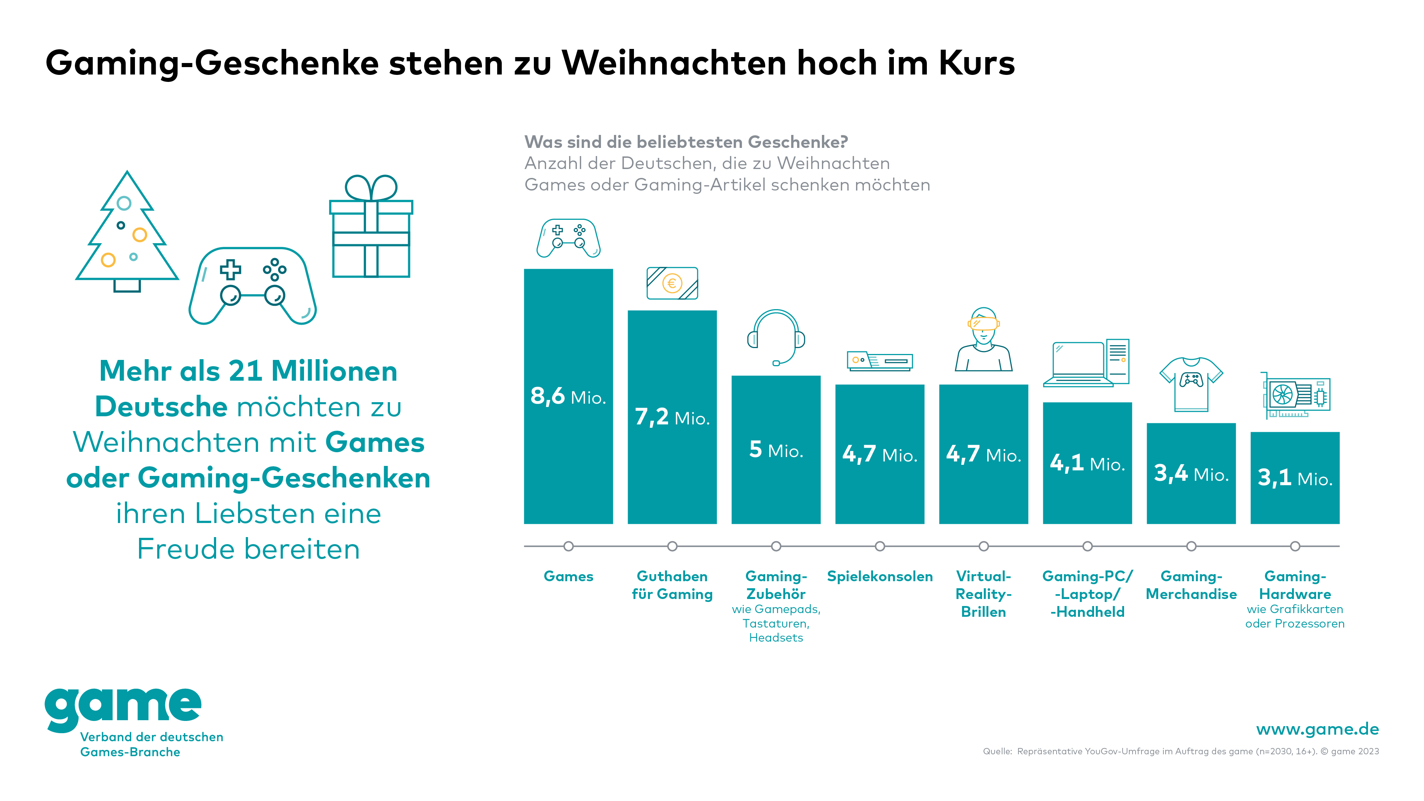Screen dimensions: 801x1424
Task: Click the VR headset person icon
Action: point(984,340)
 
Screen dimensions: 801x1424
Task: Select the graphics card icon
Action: point(1296,396)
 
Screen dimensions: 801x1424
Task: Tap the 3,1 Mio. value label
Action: point(1295,478)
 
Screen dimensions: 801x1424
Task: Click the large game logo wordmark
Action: point(123,708)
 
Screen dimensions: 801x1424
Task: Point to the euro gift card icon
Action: point(672,283)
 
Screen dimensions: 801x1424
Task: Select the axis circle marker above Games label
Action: point(568,546)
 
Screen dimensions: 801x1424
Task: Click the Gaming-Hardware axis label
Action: point(1295,585)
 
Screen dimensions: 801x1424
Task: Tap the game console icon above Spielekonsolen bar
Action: point(879,361)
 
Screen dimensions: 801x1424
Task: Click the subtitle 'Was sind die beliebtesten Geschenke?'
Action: point(685,142)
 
